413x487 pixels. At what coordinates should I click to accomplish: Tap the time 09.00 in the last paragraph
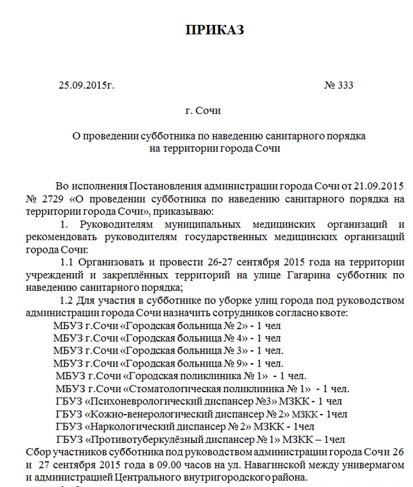point(172,465)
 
